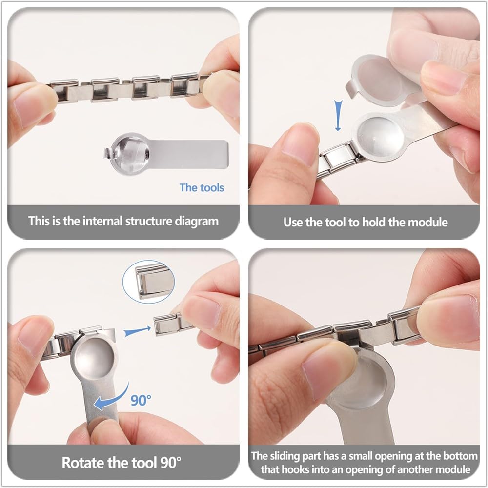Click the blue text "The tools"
click(x=202, y=188)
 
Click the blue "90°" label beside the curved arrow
click(x=141, y=400)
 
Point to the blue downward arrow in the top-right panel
click(x=338, y=115)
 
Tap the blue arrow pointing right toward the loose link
click(x=137, y=332)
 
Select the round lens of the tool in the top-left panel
click(x=130, y=154)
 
